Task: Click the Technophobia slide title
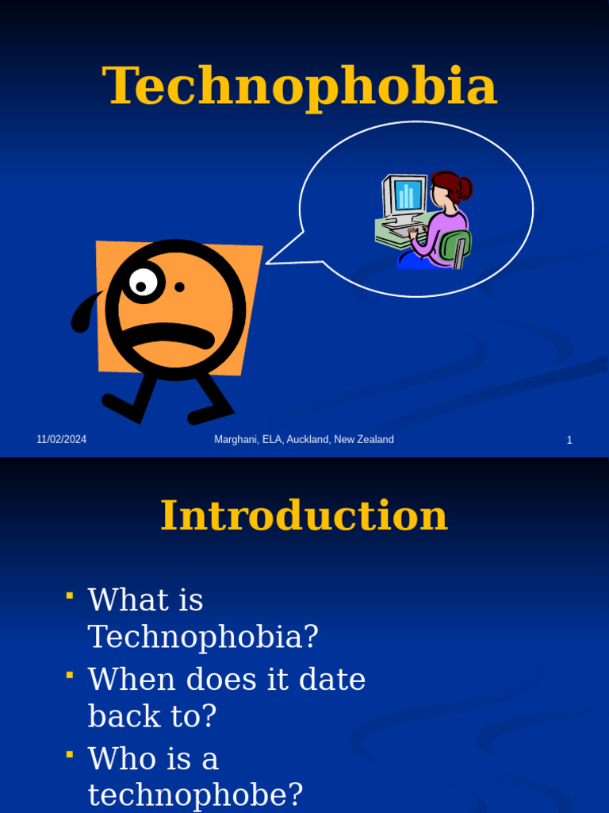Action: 300,86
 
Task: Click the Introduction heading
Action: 304,516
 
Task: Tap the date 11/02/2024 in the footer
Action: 61,440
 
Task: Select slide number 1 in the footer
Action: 569,440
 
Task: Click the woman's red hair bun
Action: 463,188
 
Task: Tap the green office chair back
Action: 456,246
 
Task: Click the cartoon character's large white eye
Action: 144,283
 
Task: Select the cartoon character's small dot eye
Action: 179,287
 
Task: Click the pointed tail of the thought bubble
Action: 274,260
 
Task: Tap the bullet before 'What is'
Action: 70,595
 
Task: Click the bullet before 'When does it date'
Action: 70,675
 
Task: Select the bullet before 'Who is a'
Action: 70,753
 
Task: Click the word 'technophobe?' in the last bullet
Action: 195,795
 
